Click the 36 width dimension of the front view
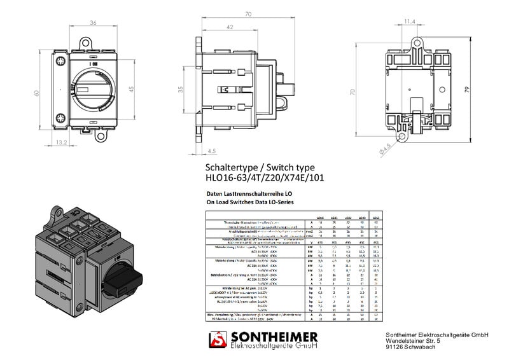coord(93,24)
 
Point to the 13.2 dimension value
coord(62,142)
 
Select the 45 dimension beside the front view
coord(132,90)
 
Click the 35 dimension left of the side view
coord(180,90)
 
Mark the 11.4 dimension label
coord(410,22)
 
